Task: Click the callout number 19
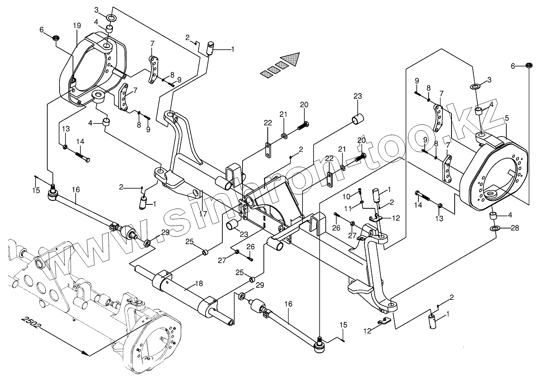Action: [x=76, y=26]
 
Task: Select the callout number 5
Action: [x=507, y=118]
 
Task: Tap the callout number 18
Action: [x=199, y=284]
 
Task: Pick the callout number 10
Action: [x=346, y=196]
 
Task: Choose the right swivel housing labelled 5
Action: [x=495, y=174]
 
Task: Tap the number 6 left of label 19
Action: [x=42, y=29]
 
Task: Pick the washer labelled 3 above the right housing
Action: [x=475, y=86]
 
